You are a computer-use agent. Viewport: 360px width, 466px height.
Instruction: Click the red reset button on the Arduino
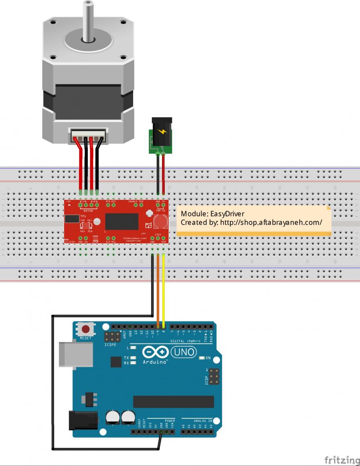[x=86, y=330]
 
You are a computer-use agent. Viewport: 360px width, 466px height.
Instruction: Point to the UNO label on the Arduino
[x=183, y=352]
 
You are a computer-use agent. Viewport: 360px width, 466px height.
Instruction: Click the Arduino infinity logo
[x=155, y=353]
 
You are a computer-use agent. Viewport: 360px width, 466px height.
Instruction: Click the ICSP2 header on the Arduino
[x=114, y=336]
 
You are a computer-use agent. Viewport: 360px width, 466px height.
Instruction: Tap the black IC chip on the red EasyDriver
[x=122, y=221]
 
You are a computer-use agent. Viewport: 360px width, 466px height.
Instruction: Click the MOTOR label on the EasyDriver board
[x=88, y=211]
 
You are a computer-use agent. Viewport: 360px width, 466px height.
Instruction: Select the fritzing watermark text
[x=341, y=459]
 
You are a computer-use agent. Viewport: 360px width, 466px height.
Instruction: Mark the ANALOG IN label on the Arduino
[x=203, y=420]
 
